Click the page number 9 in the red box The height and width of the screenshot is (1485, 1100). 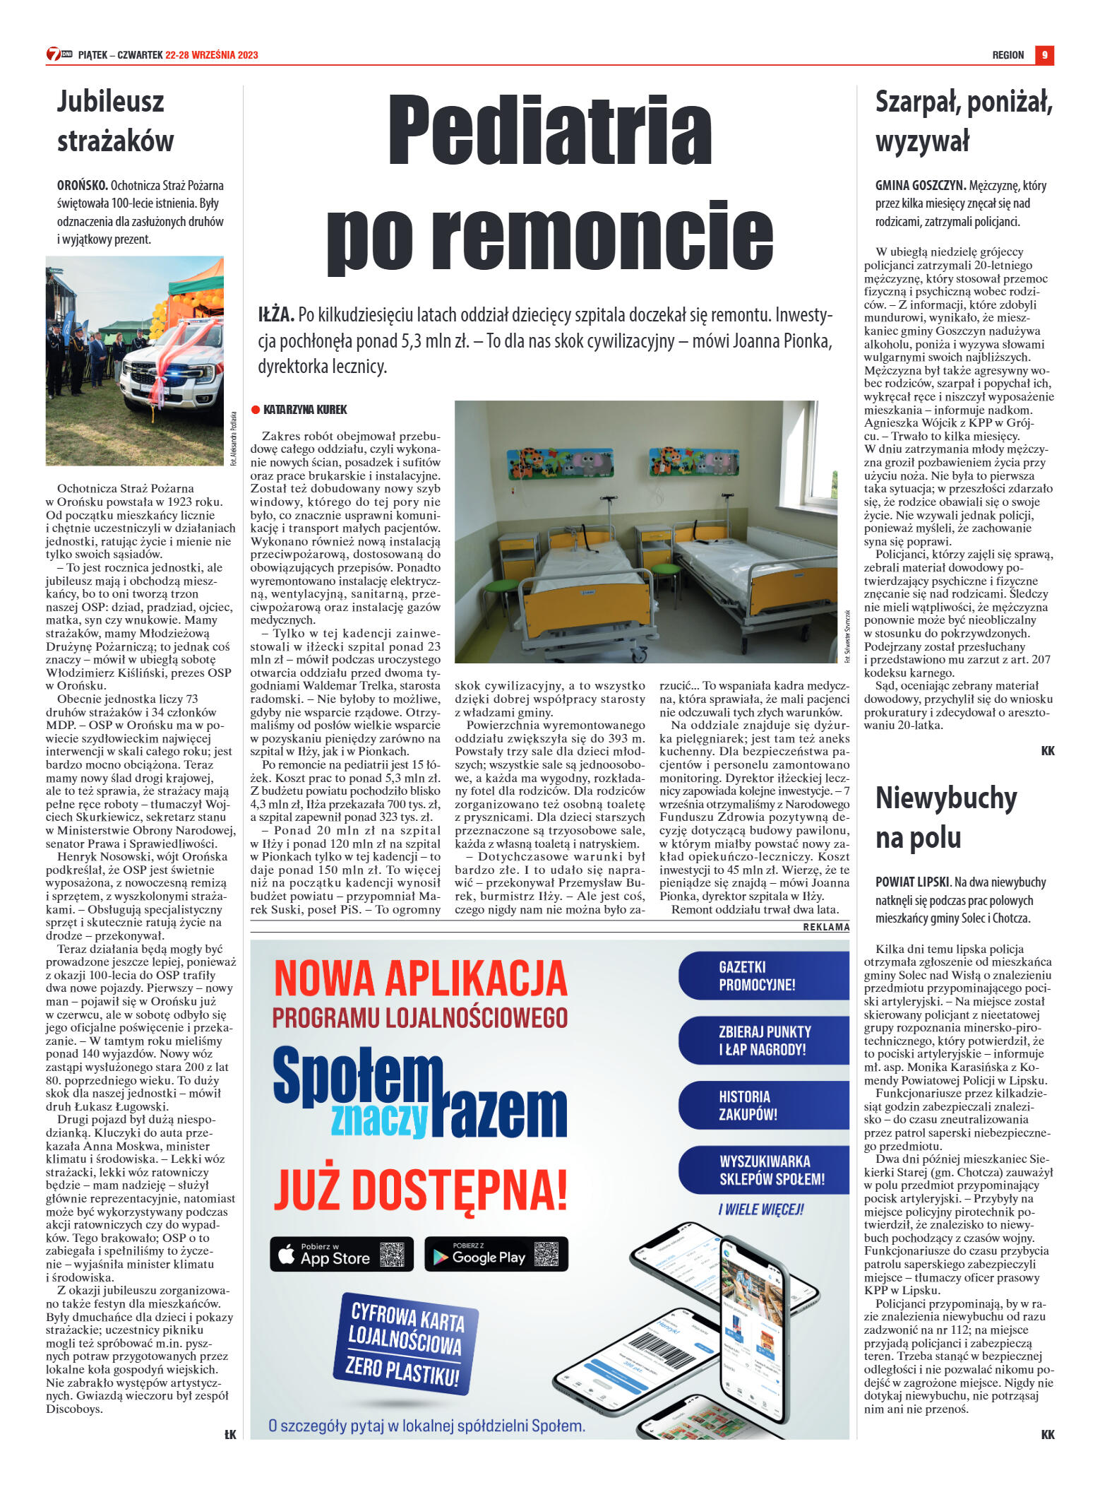click(x=1044, y=55)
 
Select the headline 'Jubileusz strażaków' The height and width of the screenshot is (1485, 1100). click(x=115, y=121)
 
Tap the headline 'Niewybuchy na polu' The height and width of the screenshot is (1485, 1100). click(x=946, y=817)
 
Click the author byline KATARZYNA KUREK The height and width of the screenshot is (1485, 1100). click(x=304, y=410)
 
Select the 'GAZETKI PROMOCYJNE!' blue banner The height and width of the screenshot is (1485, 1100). click(x=763, y=976)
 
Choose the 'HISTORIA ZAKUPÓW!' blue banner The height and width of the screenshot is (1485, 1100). click(x=763, y=1106)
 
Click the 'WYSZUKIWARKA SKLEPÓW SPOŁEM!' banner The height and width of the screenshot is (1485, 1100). click(x=763, y=1171)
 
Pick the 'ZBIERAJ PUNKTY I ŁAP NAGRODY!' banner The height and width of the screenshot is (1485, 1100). click(x=763, y=1041)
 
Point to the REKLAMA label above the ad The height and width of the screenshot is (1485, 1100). click(x=826, y=927)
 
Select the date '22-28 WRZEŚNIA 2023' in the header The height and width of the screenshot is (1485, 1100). click(x=212, y=55)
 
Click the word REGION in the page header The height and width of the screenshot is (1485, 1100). click(x=1008, y=55)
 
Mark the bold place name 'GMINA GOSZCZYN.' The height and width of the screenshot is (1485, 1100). click(x=920, y=186)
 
